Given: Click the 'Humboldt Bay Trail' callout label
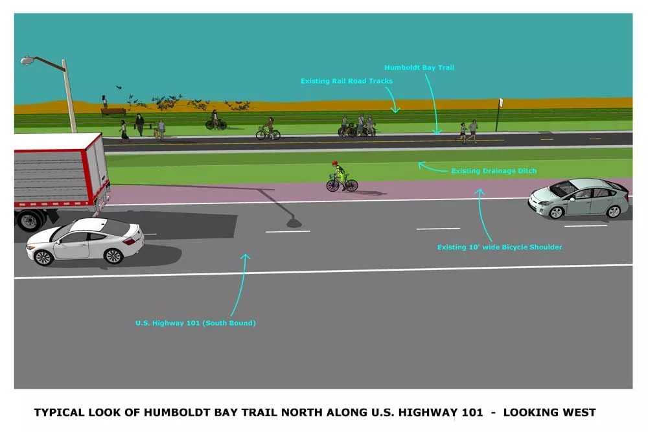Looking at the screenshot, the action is pos(419,67).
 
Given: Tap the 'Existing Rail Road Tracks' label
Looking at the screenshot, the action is pos(347,81).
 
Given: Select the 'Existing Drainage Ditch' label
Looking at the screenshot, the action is pos(494,171).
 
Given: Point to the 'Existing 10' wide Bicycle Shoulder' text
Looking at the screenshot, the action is pos(500,247).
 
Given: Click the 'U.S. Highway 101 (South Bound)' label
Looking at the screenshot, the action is pos(195,323).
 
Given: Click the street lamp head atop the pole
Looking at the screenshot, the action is pos(27,60).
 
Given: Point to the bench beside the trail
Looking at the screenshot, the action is pos(113,111).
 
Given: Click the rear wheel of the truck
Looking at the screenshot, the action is pos(30,220).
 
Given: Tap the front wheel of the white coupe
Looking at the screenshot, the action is pos(113,255).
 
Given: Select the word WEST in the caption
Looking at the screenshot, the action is pos(579,412).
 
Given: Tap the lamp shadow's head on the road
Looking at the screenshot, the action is pos(294,223).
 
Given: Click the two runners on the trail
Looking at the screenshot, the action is pos(468,131).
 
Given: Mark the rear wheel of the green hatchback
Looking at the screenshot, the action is pos(612,212).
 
